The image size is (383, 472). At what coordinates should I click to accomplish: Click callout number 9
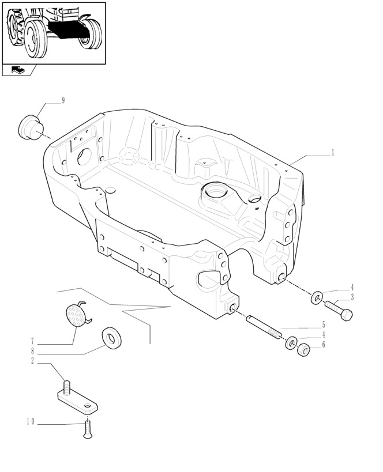click(63, 100)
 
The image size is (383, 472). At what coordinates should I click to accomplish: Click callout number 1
click(333, 153)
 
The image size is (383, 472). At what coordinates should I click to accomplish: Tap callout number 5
click(324, 324)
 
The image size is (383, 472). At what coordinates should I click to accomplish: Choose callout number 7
click(33, 341)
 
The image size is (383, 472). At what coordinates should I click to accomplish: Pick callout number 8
click(33, 350)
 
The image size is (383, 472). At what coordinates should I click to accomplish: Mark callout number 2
click(33, 361)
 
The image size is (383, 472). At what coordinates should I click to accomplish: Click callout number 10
click(30, 422)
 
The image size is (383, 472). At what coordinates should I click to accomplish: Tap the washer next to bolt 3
click(317, 299)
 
